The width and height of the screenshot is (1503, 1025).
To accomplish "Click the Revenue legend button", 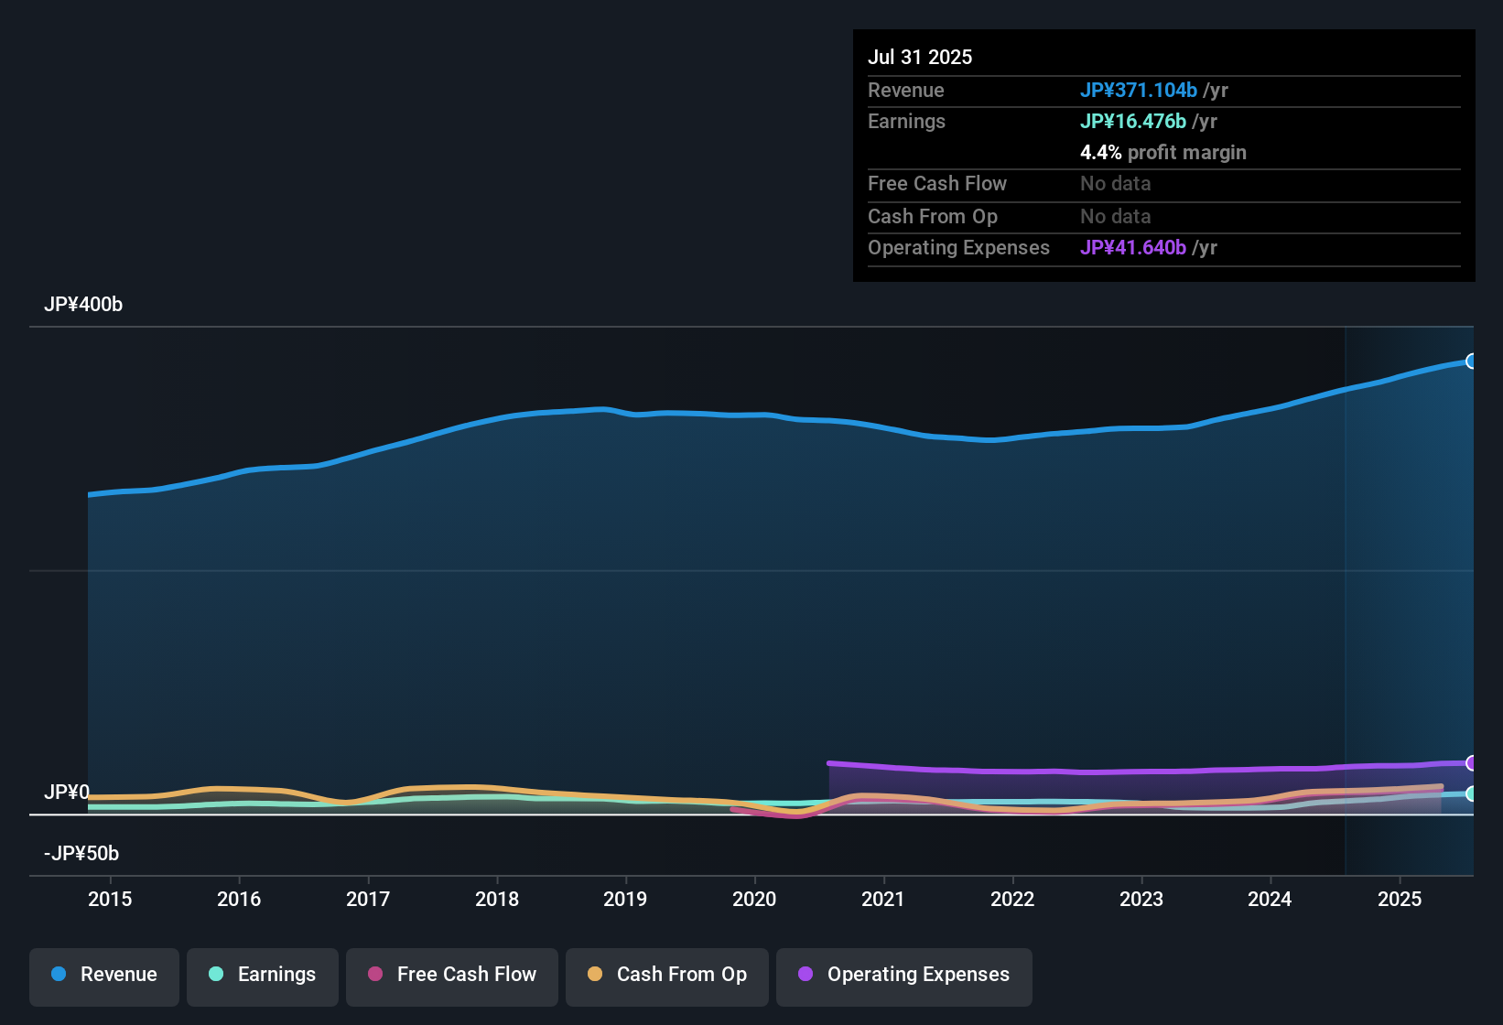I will coord(104,975).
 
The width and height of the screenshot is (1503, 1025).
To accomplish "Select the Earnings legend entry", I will coord(263,975).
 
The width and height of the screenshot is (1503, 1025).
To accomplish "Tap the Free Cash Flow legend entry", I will coord(452,975).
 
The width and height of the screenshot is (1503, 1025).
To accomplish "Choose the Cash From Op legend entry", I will coord(667,975).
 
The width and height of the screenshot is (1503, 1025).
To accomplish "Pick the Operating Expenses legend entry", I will coord(904,975).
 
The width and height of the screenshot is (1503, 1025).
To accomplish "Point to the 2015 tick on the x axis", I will coord(110,899).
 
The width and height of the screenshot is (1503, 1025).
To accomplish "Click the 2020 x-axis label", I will coord(754,899).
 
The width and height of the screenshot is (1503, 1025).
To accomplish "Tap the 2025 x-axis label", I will coord(1400,899).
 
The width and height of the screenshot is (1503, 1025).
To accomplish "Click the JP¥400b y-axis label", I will coord(83,305).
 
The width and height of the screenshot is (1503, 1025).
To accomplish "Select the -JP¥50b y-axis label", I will coord(81,854).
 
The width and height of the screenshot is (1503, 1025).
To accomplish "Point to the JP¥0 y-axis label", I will coord(67,793).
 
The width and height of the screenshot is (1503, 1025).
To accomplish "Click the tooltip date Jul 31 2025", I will coord(920,57).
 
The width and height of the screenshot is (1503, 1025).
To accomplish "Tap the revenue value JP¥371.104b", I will coord(1138,90).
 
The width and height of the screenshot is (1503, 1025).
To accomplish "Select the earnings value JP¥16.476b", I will coord(1132,121).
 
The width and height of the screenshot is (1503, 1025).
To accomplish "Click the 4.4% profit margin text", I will coord(1162,153).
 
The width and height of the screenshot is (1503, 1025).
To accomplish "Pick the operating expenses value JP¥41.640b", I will coord(1132,247).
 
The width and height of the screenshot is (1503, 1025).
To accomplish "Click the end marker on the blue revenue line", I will coord(1471,361).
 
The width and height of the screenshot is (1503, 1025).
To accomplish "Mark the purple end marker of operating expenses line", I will coord(1471,763).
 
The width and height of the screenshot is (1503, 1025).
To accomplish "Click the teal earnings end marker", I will coord(1471,793).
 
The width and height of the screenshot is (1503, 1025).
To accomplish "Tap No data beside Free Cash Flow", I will coord(1115,184).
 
